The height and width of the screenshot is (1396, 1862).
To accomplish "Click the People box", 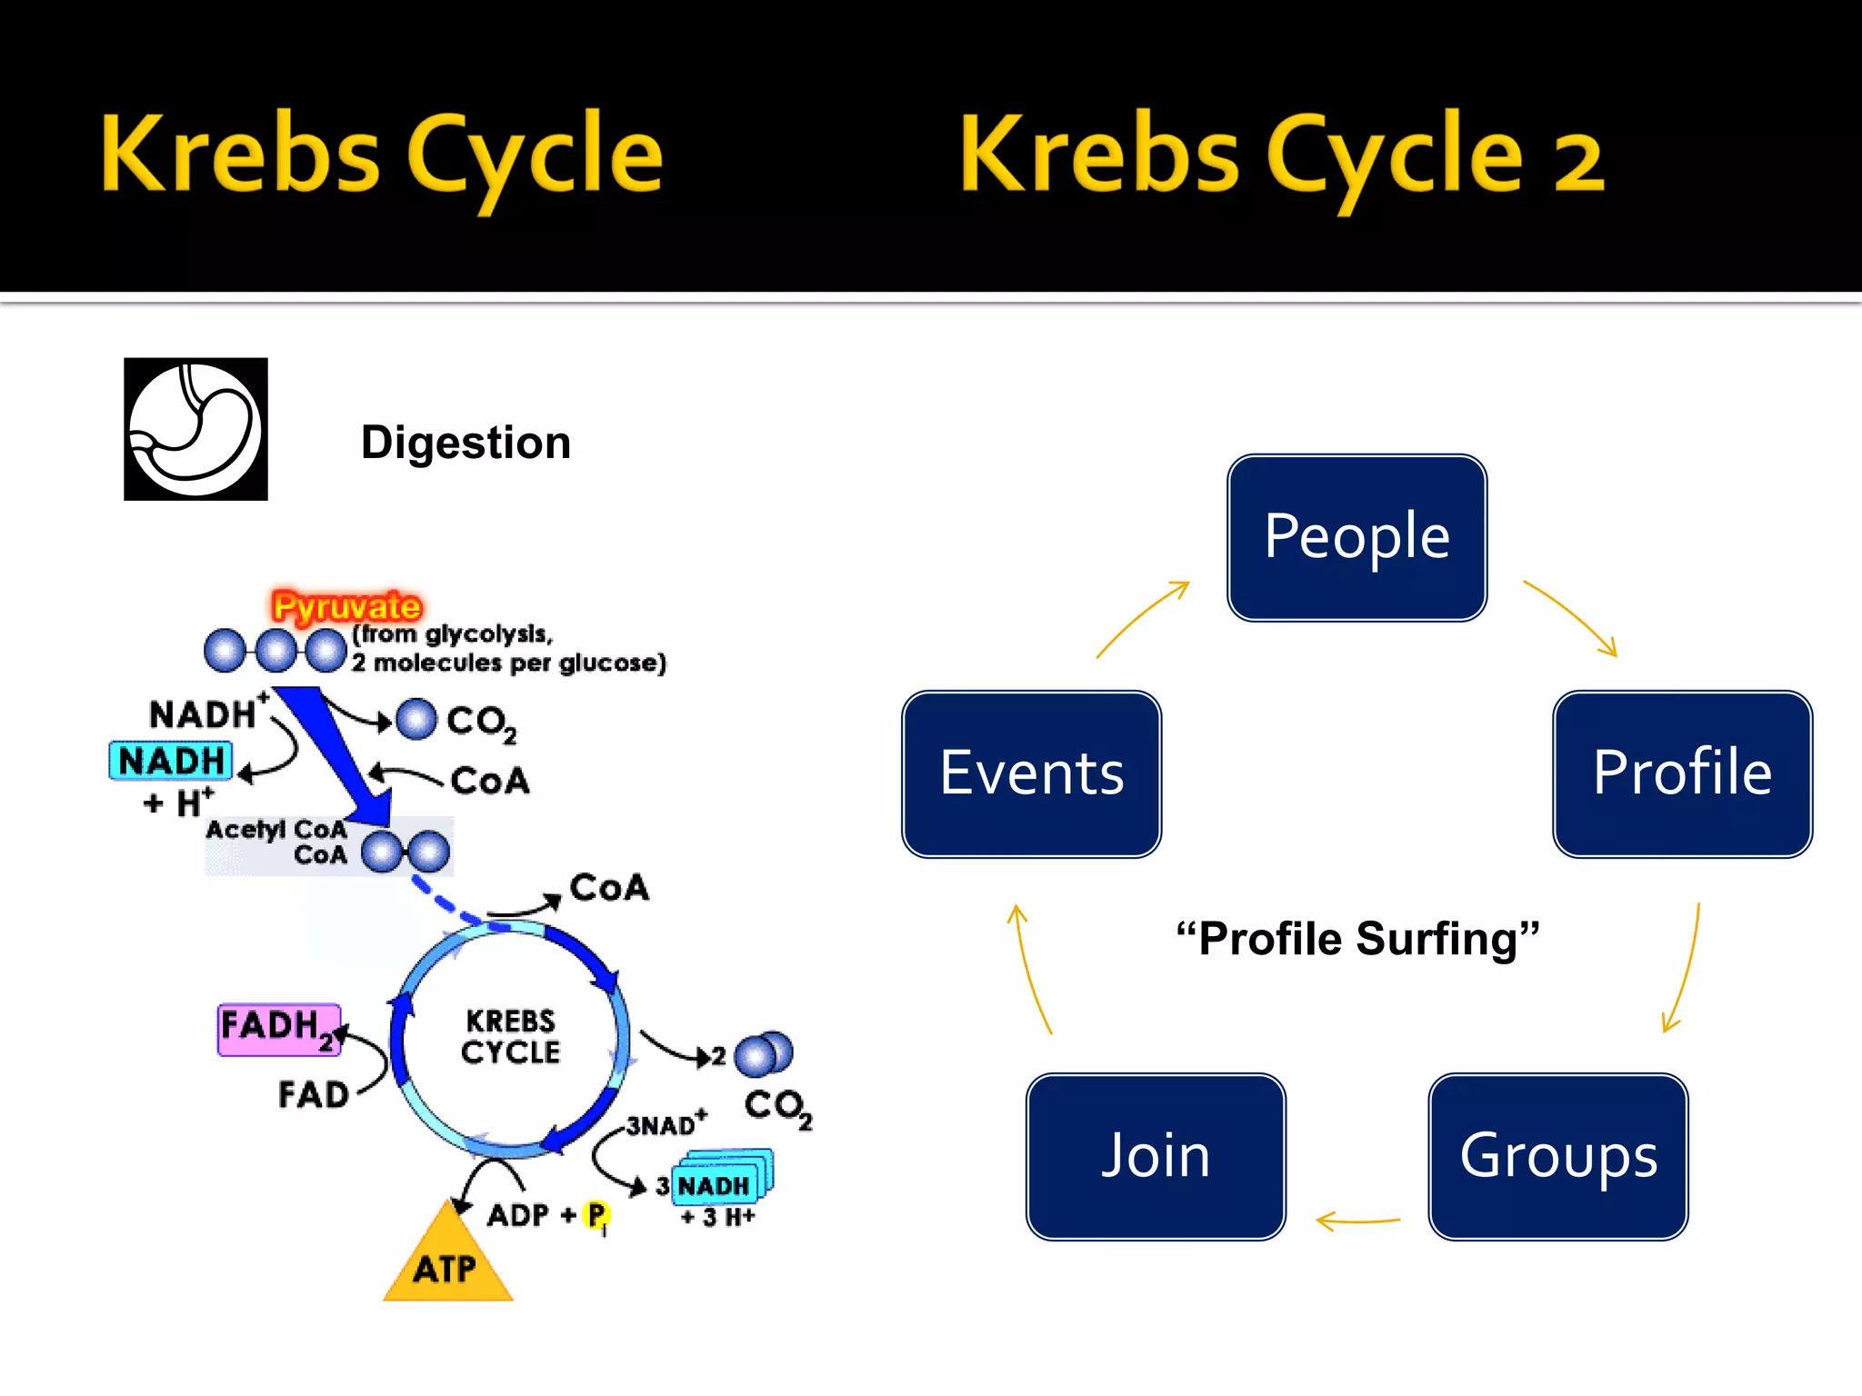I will pyautogui.click(x=1356, y=537).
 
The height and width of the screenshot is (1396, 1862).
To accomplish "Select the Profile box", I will pyautogui.click(x=1682, y=773).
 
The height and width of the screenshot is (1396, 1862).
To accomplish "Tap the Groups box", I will pyautogui.click(x=1557, y=1156).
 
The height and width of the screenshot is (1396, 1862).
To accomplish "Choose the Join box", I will pyautogui.click(x=1156, y=1156).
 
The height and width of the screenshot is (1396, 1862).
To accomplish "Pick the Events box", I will pyautogui.click(x=1031, y=773).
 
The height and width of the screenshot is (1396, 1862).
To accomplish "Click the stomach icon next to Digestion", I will pyautogui.click(x=195, y=429).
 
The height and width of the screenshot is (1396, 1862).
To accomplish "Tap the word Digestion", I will pyautogui.click(x=465, y=443).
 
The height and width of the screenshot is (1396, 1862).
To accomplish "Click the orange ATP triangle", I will pyautogui.click(x=446, y=1264).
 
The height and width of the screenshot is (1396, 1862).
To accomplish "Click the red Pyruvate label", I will pyautogui.click(x=346, y=605).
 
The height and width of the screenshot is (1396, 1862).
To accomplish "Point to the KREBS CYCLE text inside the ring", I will pyautogui.click(x=510, y=1036).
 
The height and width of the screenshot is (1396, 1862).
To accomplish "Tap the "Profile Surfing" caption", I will pyautogui.click(x=1356, y=939).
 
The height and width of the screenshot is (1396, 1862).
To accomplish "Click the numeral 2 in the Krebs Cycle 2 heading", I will pyautogui.click(x=1578, y=162).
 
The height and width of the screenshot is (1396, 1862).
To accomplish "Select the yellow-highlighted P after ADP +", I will pyautogui.click(x=596, y=1214).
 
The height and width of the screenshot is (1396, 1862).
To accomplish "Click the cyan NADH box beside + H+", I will pyautogui.click(x=171, y=761).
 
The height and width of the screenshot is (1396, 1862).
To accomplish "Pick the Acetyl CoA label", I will pyautogui.click(x=275, y=830).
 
